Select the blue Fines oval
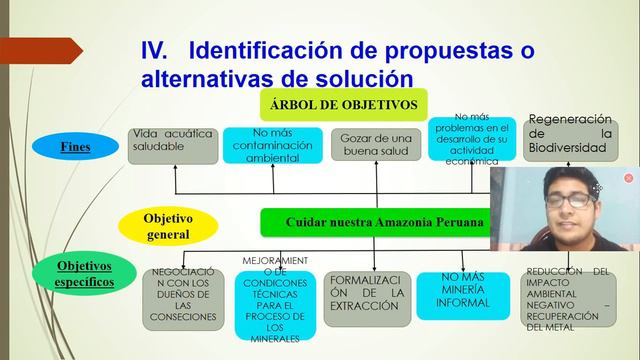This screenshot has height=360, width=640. point(75,147)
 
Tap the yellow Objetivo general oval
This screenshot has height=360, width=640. point(167,225)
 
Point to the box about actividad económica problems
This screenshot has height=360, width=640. point(471,140)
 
